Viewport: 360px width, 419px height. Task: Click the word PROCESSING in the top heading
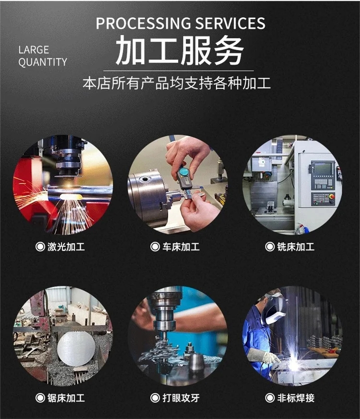tap(143, 23)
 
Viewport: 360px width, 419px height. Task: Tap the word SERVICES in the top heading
tap(230, 23)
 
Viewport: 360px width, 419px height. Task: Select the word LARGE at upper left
tap(34, 50)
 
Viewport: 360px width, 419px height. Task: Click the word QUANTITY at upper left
tap(43, 62)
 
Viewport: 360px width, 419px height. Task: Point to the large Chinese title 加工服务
tap(180, 50)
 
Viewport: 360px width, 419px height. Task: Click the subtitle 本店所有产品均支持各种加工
tap(177, 83)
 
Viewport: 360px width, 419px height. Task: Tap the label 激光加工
tap(66, 247)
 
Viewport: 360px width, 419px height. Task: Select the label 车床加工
tap(181, 247)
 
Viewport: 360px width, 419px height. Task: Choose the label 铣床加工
tap(296, 247)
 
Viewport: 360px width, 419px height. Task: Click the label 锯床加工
tap(66, 398)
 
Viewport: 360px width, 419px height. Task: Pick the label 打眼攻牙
tap(181, 398)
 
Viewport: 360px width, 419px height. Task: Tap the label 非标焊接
tap(296, 398)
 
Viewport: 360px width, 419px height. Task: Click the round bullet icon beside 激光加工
tap(40, 247)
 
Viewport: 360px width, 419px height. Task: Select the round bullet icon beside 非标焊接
tap(270, 398)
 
